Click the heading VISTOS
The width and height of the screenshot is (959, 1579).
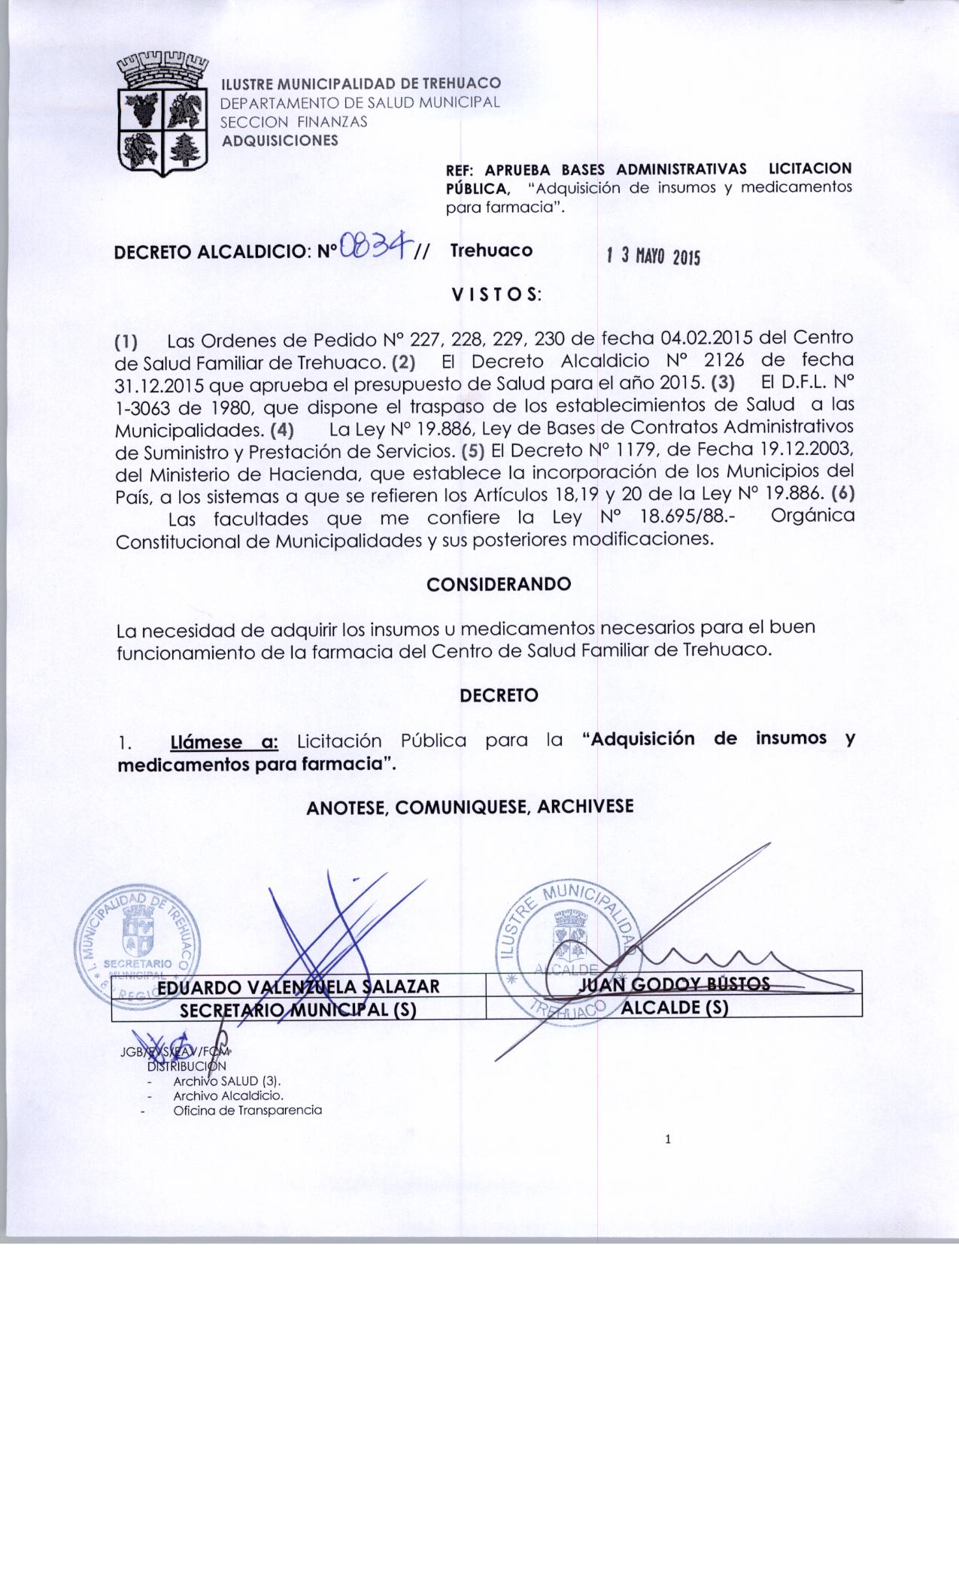point(496,295)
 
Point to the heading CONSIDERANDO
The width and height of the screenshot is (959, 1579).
point(498,584)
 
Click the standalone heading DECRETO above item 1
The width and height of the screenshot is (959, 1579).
point(499,696)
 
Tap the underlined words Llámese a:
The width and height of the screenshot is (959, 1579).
point(225,743)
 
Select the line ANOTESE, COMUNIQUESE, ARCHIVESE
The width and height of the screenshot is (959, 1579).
point(470,807)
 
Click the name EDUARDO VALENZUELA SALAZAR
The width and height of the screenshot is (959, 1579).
point(299,986)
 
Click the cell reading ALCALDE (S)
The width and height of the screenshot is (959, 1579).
point(675,1008)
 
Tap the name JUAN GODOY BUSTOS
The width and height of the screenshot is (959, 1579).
point(675,984)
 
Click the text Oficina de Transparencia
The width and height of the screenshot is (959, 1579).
point(247,1111)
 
